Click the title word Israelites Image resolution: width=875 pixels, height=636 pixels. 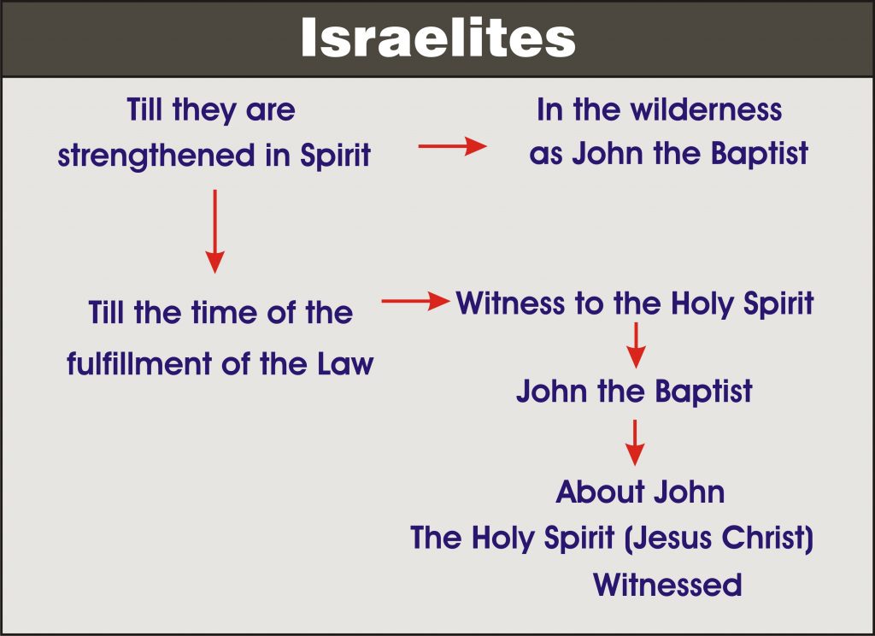tap(438, 38)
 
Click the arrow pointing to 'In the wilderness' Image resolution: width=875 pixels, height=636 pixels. tap(453, 146)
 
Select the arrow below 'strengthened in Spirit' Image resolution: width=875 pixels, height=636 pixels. tap(214, 231)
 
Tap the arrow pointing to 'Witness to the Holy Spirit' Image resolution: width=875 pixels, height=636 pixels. tap(416, 301)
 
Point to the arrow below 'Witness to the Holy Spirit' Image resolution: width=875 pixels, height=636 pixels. tap(636, 345)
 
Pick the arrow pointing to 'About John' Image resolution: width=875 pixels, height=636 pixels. tap(635, 443)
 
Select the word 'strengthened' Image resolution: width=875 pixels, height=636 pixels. tap(156, 156)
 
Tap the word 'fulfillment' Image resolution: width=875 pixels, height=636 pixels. tap(140, 363)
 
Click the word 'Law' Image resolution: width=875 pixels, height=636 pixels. tap(345, 364)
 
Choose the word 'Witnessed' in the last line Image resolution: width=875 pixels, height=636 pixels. tap(667, 585)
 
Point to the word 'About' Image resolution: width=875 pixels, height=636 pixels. tap(601, 492)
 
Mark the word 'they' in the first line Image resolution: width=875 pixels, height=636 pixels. tap(204, 110)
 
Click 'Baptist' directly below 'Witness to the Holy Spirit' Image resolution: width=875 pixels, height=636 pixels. tap(703, 391)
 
